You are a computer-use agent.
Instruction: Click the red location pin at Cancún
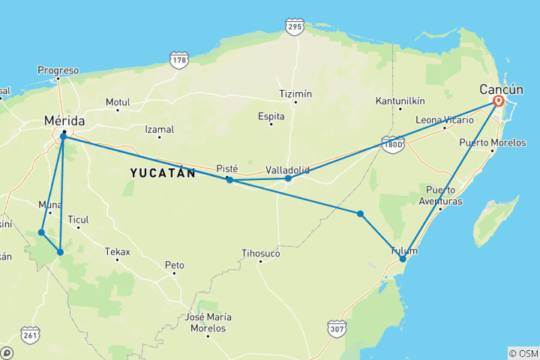(x=498, y=101)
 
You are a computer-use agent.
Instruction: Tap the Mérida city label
(x=64, y=121)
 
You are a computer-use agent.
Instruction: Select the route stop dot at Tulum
(x=403, y=259)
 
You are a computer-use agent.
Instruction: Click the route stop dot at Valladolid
(x=288, y=178)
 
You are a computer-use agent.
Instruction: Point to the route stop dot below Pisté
(x=229, y=180)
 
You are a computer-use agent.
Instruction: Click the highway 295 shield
(x=294, y=28)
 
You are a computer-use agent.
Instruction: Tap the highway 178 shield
(x=178, y=61)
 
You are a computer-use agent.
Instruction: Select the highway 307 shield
(x=337, y=328)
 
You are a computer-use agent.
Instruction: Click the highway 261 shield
(x=30, y=334)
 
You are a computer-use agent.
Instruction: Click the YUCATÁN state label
(x=163, y=173)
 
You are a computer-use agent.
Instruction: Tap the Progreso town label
(x=58, y=70)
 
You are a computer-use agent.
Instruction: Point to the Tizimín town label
(x=295, y=94)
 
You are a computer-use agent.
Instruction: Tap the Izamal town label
(x=159, y=129)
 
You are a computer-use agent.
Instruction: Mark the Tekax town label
(x=117, y=251)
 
